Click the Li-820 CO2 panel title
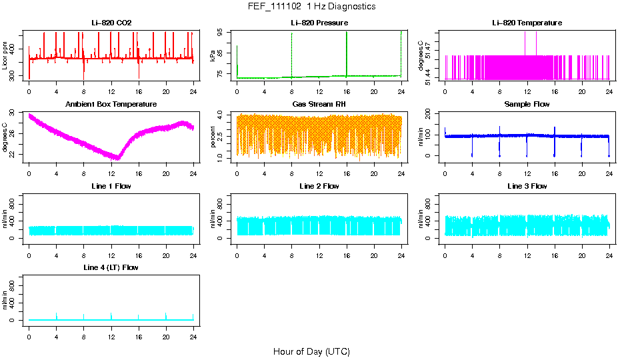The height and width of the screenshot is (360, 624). click(111, 23)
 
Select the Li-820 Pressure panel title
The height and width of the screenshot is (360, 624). click(319, 23)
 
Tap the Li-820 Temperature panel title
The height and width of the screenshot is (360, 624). click(527, 23)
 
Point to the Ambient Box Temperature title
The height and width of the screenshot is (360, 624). click(111, 104)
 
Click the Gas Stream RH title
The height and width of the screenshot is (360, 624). click(319, 104)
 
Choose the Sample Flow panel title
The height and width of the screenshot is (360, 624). click(527, 104)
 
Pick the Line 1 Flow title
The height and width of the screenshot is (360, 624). click(111, 186)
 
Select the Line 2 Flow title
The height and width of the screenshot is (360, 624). click(319, 186)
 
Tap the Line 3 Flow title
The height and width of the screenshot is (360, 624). click(527, 186)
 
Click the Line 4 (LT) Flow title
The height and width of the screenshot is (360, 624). click(111, 267)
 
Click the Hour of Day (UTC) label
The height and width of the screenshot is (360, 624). click(311, 351)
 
